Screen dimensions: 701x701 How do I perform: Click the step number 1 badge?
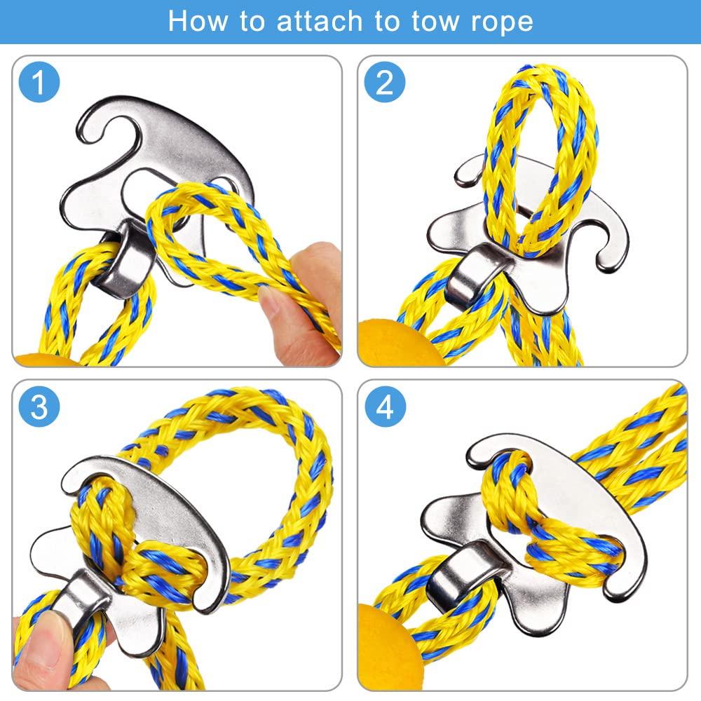(x=39, y=83)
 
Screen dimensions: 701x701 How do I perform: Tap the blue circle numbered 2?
(x=385, y=83)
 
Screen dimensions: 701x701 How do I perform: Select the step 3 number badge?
(x=39, y=407)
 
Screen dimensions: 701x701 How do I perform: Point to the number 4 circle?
(x=385, y=407)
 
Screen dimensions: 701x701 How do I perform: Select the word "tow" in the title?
(x=415, y=21)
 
